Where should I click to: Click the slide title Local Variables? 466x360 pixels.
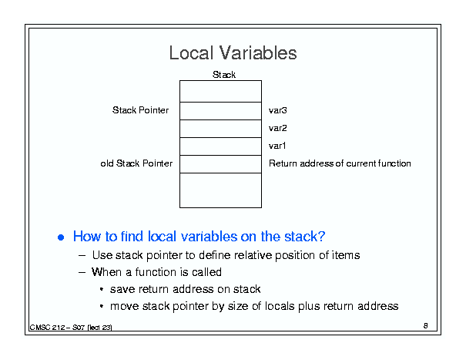pyautogui.click(x=233, y=53)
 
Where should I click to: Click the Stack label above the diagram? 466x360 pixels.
pyautogui.click(x=224, y=74)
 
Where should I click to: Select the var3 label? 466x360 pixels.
pyautogui.click(x=277, y=110)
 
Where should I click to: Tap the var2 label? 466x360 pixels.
pyautogui.click(x=277, y=128)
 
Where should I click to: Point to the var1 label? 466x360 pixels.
pyautogui.click(x=277, y=146)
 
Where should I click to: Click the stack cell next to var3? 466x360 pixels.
pyautogui.click(x=220, y=111)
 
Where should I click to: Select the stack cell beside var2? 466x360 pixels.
pyautogui.click(x=220, y=129)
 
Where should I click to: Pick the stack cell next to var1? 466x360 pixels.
pyautogui.click(x=220, y=146)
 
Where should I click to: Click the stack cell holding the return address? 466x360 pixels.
pyautogui.click(x=220, y=164)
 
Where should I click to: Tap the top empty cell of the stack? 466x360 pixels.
pyautogui.click(x=220, y=91)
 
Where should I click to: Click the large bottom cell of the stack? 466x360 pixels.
pyautogui.click(x=220, y=190)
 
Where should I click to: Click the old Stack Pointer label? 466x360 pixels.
pyautogui.click(x=136, y=163)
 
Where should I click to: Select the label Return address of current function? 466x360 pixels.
pyautogui.click(x=340, y=163)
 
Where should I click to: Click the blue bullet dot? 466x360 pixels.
pyautogui.click(x=61, y=237)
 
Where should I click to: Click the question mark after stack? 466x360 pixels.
pyautogui.click(x=321, y=236)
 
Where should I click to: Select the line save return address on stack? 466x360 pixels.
pyautogui.click(x=185, y=289)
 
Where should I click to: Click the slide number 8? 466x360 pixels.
pyautogui.click(x=426, y=326)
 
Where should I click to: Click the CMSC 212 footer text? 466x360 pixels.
pyautogui.click(x=71, y=328)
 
